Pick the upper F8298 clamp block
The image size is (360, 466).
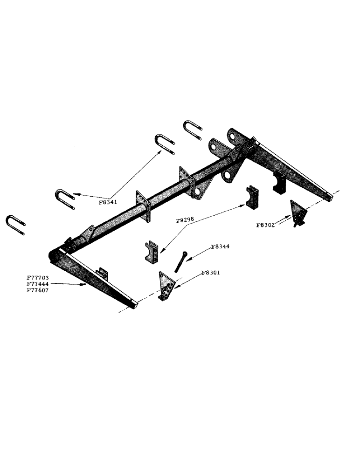(252, 197)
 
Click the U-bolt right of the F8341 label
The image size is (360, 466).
(164, 145)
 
